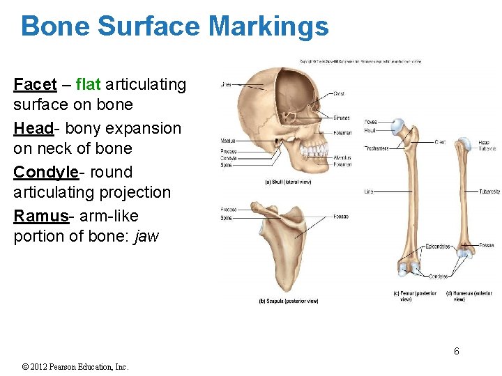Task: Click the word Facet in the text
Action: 35,85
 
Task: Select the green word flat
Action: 89,85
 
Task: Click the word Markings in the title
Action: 268,26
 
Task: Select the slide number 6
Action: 457,351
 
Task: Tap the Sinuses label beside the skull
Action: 342,118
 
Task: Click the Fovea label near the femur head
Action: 370,122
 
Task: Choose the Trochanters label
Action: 376,148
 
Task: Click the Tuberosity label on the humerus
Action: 489,191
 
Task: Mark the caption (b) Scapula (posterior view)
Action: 289,301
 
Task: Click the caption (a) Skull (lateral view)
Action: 289,182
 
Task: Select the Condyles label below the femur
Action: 439,276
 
